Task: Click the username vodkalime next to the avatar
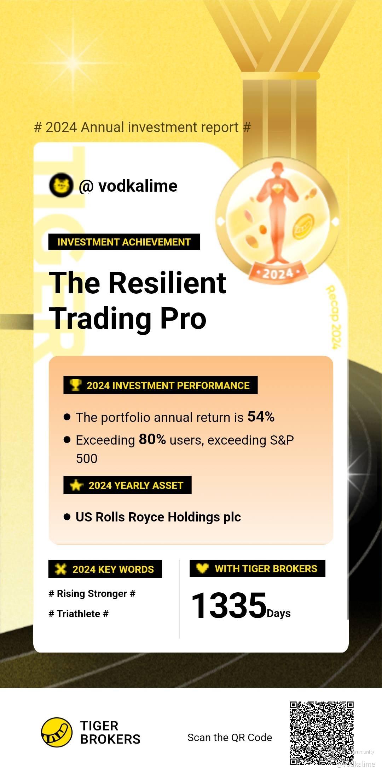click(x=138, y=186)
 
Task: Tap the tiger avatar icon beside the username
click(x=61, y=185)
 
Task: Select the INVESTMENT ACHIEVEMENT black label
click(x=124, y=242)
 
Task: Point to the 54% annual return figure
click(x=261, y=417)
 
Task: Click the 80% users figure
click(x=152, y=439)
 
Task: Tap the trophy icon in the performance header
click(x=75, y=385)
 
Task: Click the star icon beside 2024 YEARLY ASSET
click(x=76, y=485)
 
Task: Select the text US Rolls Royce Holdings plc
click(x=158, y=517)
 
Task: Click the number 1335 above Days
click(x=229, y=605)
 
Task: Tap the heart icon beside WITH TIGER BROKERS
click(x=202, y=568)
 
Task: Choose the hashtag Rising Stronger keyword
click(x=92, y=593)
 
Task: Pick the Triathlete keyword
click(x=79, y=614)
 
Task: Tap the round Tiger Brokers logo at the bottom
click(x=57, y=732)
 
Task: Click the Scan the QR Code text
click(x=230, y=737)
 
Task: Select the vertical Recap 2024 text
click(x=334, y=317)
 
